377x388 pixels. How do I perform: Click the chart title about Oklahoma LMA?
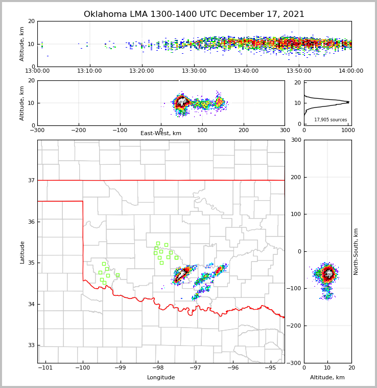point(194,14)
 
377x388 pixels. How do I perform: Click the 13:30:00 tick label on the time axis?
point(194,71)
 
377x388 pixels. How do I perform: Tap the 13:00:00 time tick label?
point(37,71)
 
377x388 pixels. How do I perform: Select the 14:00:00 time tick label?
point(351,71)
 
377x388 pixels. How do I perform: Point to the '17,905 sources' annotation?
point(331,120)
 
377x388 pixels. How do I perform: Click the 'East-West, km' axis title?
point(161,134)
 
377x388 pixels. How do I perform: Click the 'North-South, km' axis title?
point(356,251)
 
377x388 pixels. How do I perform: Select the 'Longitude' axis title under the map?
point(161,378)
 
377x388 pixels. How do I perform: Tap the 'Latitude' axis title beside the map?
point(22,252)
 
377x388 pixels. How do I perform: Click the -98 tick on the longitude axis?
point(157,368)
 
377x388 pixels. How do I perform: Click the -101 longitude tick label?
point(45,368)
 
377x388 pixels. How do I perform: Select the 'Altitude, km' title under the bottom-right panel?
point(327,378)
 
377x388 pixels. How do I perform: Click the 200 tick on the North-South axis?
point(295,177)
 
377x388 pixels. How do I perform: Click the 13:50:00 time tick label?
point(299,71)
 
